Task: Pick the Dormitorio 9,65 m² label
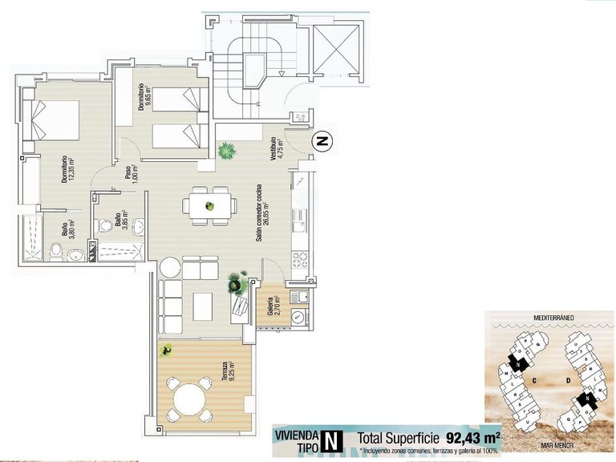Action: coord(142,102)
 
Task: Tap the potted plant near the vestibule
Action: coord(227,150)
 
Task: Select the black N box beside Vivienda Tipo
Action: coord(330,440)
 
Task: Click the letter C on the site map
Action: coord(532,382)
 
